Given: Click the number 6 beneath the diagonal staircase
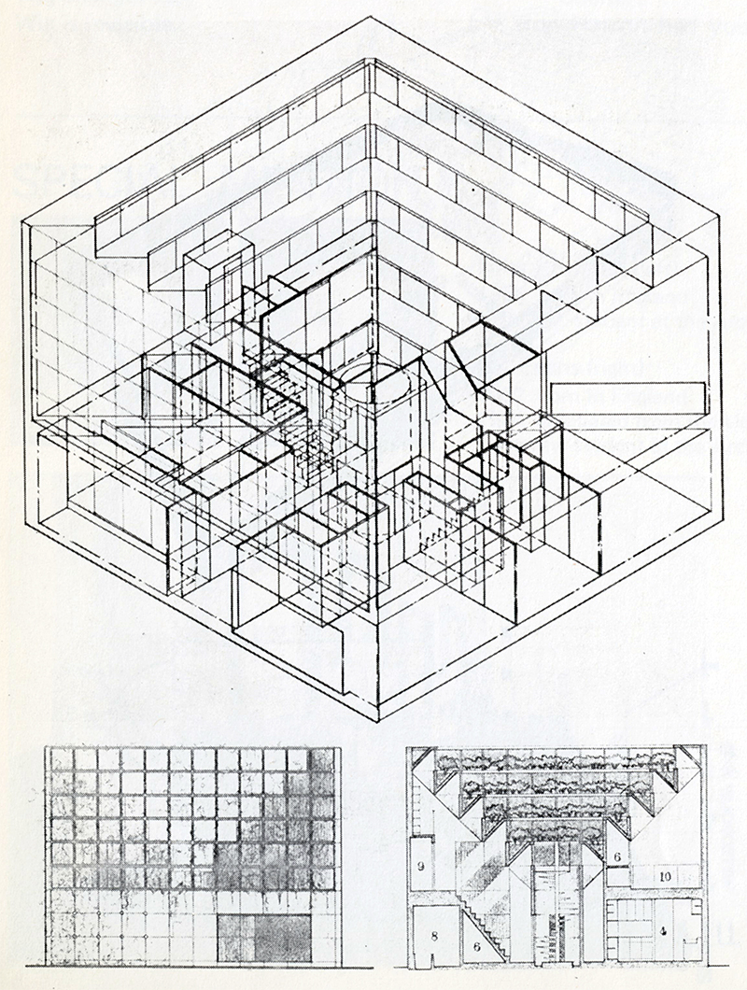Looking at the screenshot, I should click(477, 946).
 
